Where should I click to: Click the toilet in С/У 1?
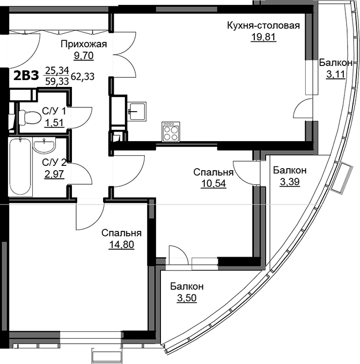coord(29,117)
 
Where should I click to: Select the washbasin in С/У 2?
coord(44,145)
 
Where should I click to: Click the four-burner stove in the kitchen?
coord(171,132)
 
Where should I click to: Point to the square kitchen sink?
coord(137,112)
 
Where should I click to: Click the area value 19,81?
coord(263,37)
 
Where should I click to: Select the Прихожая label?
coord(84,44)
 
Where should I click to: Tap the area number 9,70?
coord(84,55)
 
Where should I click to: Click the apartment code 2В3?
coord(26,76)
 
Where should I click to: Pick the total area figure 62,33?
coord(83,76)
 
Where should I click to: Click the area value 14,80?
coord(121,244)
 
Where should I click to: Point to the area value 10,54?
coord(214,184)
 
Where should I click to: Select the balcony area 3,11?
coord(336,75)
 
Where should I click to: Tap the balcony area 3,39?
coord(290,182)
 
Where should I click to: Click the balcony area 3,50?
coord(187,298)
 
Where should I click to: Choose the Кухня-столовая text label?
coord(263,25)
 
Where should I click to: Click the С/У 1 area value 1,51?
coord(54,122)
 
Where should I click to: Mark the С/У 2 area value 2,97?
coord(54,174)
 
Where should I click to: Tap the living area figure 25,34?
coord(57,70)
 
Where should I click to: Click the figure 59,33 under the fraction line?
coord(57,81)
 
